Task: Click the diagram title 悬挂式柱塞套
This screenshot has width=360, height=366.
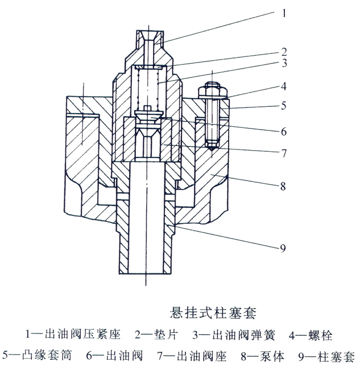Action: pyautogui.click(x=213, y=312)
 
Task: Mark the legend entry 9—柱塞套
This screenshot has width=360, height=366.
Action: pyautogui.click(x=322, y=355)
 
